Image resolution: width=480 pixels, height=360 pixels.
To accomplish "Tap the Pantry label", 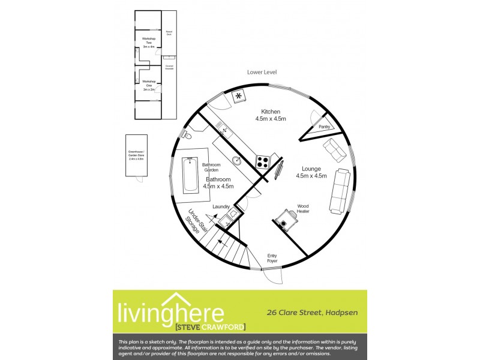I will (325, 127).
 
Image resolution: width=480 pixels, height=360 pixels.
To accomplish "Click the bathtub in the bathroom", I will (191, 174).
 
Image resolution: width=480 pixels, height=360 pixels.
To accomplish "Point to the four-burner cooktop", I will (263, 161).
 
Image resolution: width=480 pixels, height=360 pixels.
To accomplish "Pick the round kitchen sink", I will (238, 161).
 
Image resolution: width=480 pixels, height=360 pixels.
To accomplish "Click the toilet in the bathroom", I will (187, 134).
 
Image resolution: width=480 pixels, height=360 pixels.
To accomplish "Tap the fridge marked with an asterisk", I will (239, 96).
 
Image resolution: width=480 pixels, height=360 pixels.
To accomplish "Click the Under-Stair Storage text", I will (191, 224).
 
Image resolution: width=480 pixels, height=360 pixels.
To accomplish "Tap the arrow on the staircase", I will (221, 242).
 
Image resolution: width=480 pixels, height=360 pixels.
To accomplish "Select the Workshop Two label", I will (148, 43).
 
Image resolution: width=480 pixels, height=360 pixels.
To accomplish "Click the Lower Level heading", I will (262, 71).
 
